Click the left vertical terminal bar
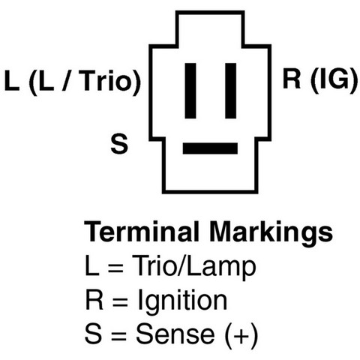click(x=190, y=91)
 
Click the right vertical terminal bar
click(x=231, y=91)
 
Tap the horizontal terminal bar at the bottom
click(x=210, y=148)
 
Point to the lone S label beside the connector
click(x=119, y=144)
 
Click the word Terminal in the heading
click(x=142, y=231)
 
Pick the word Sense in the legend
click(x=175, y=334)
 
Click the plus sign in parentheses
click(x=241, y=334)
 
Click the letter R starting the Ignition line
click(x=94, y=299)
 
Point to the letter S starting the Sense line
click(x=93, y=334)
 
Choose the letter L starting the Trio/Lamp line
click(x=92, y=265)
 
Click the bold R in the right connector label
click(x=292, y=78)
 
